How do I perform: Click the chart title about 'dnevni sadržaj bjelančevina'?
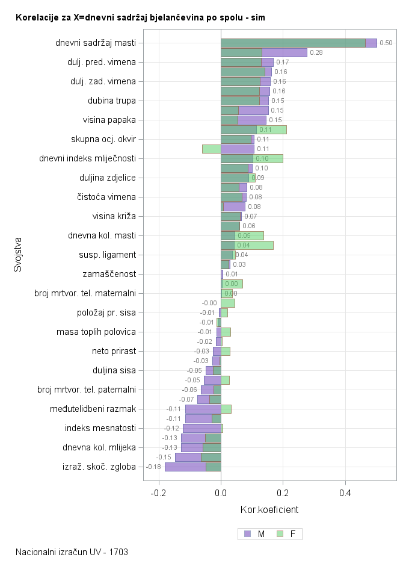coord(140,18)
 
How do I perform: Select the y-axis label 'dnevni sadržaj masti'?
coord(96,43)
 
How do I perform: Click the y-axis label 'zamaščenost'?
coord(109,274)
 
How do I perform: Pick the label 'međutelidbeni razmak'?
coord(93,409)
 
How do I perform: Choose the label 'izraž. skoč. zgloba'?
coord(99,467)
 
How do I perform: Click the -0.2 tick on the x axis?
coord(159,493)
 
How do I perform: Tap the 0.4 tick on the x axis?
coord(345,493)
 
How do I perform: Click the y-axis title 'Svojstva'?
coord(18,255)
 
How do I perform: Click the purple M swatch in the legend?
coord(248,534)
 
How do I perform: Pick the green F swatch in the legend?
coord(280,534)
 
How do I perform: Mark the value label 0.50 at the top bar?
coord(386,43)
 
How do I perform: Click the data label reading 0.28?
coord(316,53)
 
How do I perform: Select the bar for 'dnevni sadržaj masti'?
coord(295,43)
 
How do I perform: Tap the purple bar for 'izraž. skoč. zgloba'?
coord(186,467)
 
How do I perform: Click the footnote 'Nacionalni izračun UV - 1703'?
coord(72,552)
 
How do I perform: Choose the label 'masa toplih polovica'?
coord(96,332)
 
